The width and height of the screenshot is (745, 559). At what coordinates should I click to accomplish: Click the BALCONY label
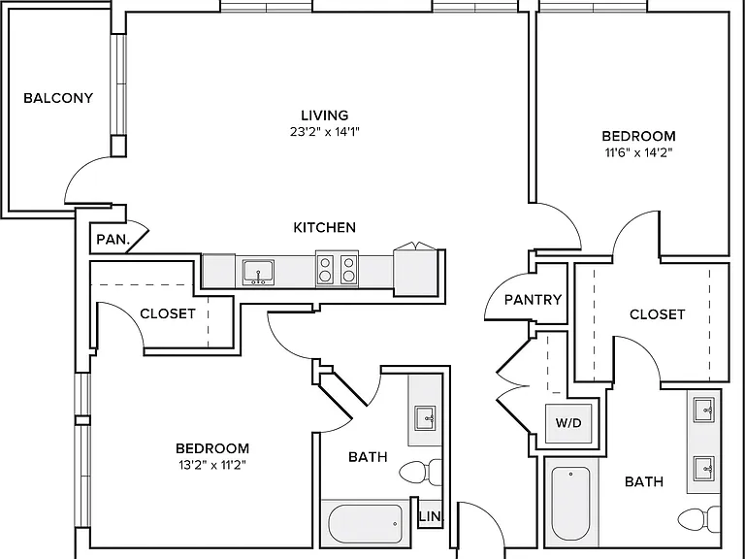pos(58,98)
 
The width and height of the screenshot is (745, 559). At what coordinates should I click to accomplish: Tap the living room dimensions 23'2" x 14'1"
pos(325,132)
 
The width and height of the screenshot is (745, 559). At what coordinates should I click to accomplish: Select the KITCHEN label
pos(325,228)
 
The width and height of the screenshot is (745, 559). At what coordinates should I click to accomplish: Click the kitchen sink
pos(258,273)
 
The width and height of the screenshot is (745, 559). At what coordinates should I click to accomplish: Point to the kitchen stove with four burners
pos(337,269)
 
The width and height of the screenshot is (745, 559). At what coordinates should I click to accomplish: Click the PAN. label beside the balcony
pos(113,240)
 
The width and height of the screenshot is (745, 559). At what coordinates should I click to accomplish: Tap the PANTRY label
pos(534,300)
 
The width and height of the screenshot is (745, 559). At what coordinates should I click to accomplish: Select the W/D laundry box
pos(568,423)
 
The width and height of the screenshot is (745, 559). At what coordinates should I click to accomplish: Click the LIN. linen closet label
pos(431,516)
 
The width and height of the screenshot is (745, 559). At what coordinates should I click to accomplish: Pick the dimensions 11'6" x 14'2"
pos(638,152)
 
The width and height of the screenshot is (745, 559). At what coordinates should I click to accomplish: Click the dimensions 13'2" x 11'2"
pos(212,465)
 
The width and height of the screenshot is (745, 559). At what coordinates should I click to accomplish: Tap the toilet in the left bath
pos(420,472)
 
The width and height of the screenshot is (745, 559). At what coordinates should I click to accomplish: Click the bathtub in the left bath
pos(366,524)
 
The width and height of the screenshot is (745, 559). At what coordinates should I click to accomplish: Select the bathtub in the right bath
pos(570,504)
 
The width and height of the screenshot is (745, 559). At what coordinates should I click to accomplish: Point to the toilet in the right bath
pos(698,519)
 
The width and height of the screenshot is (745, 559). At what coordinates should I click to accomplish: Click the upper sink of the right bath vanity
pos(704,410)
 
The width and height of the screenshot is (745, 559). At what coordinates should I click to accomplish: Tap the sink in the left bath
pos(425,418)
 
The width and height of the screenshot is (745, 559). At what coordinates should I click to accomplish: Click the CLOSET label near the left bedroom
pos(168,313)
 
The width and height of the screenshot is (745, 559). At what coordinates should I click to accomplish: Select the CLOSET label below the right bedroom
pos(657,314)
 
